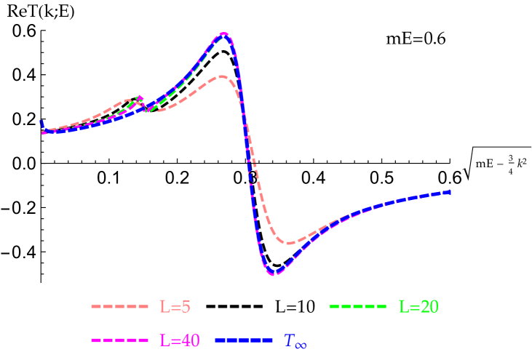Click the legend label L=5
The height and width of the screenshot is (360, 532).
[x=175, y=307]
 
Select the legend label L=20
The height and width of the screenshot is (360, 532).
[x=418, y=307]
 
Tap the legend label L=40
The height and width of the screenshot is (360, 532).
[x=179, y=340]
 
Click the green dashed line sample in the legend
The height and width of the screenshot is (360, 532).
[x=358, y=307]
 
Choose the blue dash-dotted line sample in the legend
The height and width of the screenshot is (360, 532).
[x=244, y=340]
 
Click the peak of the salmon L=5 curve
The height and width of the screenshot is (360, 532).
[x=221, y=76]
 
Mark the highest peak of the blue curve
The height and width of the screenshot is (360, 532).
[x=224, y=33]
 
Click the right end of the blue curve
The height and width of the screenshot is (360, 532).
[x=450, y=192]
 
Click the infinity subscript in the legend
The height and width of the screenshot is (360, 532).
[x=300, y=345]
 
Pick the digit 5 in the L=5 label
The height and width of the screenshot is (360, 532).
[x=186, y=307]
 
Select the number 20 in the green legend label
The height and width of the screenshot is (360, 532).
[x=429, y=307]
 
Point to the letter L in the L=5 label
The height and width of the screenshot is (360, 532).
[x=164, y=307]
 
